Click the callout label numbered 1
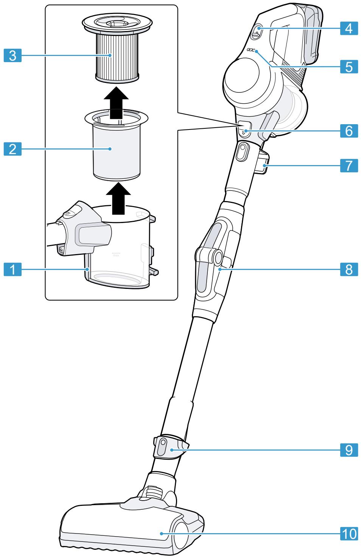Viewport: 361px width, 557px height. (x=13, y=270)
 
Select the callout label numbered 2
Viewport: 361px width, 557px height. (x=13, y=149)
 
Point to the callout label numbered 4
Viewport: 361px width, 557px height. (x=348, y=28)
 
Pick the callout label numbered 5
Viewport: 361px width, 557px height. (x=348, y=67)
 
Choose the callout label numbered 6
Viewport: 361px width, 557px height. (x=348, y=131)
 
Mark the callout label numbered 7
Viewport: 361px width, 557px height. (x=348, y=165)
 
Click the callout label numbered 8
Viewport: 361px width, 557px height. (x=348, y=270)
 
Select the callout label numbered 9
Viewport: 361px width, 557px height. (x=348, y=450)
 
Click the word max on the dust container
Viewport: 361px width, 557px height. (x=116, y=255)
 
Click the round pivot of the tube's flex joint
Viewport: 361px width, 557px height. (x=218, y=258)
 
